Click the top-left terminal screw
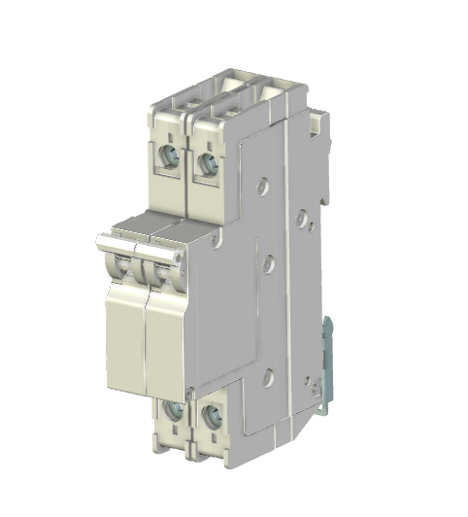point(171,155)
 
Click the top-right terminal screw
point(206,162)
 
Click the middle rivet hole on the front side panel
point(268,259)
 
